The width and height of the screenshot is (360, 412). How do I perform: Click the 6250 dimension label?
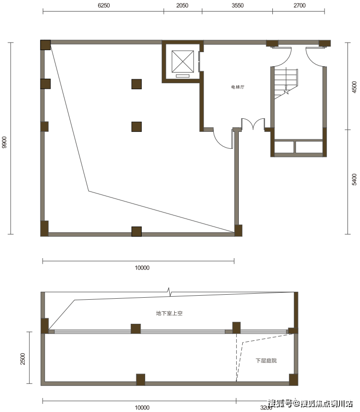pos(104,6)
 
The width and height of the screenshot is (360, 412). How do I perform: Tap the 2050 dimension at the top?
pos(182,6)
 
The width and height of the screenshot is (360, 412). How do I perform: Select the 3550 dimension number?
pos(237,6)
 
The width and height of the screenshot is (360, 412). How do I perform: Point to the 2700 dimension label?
pos(299,6)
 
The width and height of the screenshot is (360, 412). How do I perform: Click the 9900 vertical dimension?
pos(5,142)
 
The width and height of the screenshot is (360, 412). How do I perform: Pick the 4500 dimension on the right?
pos(354,87)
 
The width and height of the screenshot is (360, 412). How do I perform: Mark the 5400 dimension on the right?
pos(354,179)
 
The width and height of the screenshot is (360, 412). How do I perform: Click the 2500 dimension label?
pos(23,359)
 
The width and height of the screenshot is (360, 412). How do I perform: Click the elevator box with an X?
pos(183,62)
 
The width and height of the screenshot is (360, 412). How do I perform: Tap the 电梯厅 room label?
pos(238,87)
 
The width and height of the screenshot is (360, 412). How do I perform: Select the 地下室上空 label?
pos(169,313)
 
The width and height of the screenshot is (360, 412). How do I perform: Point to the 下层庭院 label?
pos(266,361)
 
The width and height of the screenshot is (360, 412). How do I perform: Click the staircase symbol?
pos(286,83)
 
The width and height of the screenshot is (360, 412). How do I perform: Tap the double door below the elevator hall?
pos(253,124)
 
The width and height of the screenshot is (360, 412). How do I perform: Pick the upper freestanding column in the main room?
pos(137,84)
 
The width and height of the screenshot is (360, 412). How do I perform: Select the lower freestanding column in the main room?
pos(137,127)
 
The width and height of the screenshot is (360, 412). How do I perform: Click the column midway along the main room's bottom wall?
pos(137,232)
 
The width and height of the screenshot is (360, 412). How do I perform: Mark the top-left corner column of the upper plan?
pos(46,45)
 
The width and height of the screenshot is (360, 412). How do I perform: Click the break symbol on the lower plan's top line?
pos(169,292)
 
